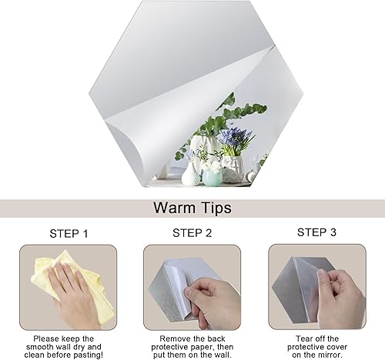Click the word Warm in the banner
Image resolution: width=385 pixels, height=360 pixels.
174,208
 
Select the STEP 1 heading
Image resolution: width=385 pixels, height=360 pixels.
69,234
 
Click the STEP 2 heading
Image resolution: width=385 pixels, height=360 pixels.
192,233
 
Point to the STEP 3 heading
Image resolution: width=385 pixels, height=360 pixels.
316,232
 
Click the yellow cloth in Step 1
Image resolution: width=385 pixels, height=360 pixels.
75,282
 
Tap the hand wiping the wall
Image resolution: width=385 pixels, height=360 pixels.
73,295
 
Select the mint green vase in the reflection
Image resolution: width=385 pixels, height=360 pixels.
213,178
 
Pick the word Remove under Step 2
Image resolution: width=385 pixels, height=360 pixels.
174,338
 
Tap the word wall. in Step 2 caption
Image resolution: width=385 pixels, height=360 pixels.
221,355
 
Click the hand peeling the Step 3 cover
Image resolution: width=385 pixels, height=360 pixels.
339,298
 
